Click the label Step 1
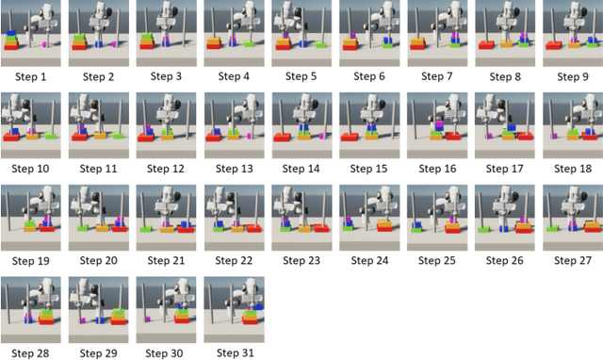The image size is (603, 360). [x=30, y=77]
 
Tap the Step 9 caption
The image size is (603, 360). [x=573, y=77]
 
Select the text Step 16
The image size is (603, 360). [x=437, y=169]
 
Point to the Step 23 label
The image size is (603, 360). [x=301, y=261]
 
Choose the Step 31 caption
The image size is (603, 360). [x=236, y=352]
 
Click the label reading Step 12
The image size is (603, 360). [x=166, y=169]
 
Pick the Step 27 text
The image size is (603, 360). [x=573, y=261]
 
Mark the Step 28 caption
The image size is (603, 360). [x=30, y=353]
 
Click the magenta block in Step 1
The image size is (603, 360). [x=44, y=44]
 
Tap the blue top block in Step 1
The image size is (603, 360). [x=11, y=33]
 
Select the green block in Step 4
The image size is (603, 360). [x=249, y=43]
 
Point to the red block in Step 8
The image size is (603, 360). [x=486, y=45]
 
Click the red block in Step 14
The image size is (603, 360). [x=282, y=138]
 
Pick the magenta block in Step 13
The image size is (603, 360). [x=249, y=136]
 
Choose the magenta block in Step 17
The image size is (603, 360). [x=488, y=136]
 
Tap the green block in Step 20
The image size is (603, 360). [x=83, y=228]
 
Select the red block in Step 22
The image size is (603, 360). [x=253, y=228]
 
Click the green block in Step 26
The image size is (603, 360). [x=483, y=230]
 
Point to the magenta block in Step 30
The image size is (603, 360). [x=147, y=319]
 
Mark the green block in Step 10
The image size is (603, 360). [x=50, y=136]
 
